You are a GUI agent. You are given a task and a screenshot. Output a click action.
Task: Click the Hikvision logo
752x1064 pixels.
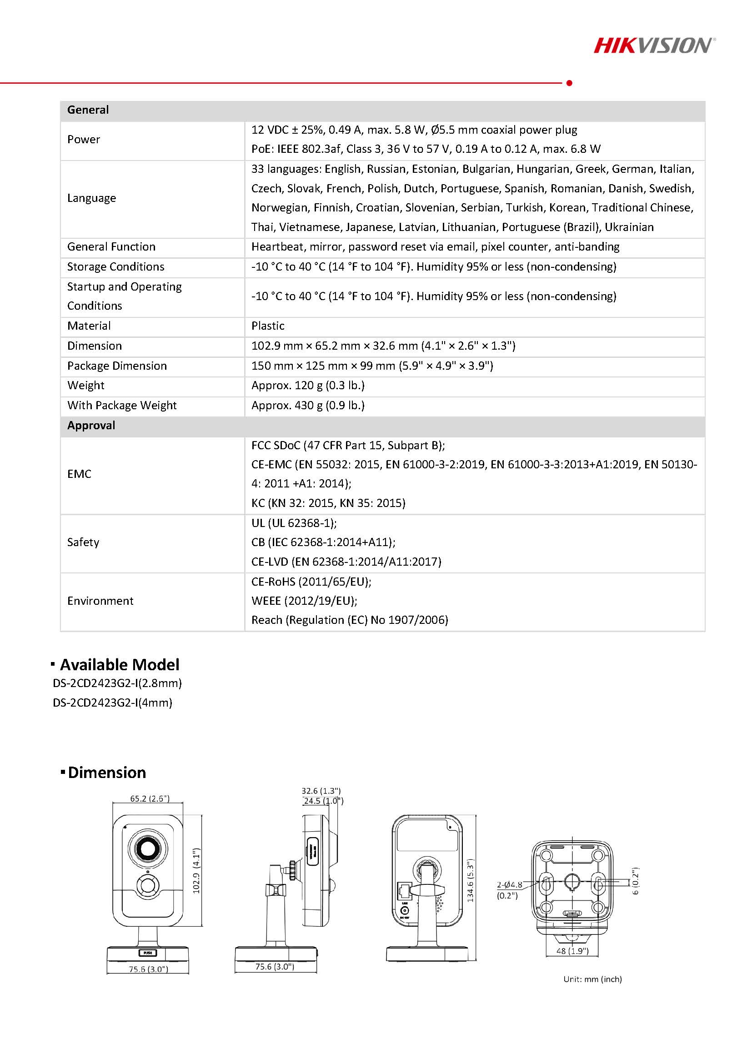[654, 46]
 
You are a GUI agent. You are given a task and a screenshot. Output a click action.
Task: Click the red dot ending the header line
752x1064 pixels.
[569, 83]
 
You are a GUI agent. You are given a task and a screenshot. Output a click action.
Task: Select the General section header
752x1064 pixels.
[88, 110]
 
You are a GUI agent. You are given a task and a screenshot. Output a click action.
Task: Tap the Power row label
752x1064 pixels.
[83, 140]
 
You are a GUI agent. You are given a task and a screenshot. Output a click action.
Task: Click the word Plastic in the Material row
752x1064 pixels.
[268, 326]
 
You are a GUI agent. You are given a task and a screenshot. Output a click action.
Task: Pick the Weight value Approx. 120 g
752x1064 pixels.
[308, 386]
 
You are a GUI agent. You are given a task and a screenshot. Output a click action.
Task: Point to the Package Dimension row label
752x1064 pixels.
[117, 366]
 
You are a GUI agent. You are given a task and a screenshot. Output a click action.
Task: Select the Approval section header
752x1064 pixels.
[91, 426]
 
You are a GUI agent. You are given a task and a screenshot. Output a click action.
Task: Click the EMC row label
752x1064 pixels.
[79, 474]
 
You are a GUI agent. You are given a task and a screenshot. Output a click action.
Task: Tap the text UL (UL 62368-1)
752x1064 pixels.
[294, 523]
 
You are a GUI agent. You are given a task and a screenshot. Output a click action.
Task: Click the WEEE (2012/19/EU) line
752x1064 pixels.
[304, 601]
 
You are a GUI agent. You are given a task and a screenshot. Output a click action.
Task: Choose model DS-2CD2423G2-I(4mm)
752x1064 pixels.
[113, 703]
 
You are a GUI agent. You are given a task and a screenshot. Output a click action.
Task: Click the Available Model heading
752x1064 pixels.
[119, 665]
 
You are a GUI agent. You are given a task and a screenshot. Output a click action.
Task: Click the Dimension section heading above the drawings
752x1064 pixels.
[106, 773]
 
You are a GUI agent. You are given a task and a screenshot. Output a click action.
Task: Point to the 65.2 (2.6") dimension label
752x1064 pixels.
[150, 799]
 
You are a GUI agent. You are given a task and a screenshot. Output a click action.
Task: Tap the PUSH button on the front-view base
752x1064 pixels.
[148, 953]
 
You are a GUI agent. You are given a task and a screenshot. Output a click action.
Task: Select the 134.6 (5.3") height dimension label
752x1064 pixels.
[471, 880]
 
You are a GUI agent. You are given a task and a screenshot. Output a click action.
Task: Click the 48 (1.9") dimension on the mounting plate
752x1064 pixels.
[573, 951]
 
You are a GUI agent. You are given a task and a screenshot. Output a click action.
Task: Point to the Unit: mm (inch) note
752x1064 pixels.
[592, 979]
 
